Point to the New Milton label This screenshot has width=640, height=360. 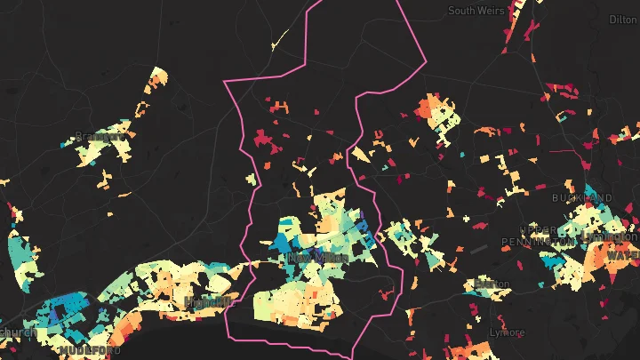coord(310,258)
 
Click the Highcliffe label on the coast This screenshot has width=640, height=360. coord(211,301)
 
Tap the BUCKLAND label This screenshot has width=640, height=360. coord(582,197)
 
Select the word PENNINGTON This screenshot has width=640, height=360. coord(539,242)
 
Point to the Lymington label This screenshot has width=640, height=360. coord(613,237)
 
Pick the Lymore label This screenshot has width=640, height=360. coord(508,332)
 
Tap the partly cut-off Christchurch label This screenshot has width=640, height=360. coord(16,332)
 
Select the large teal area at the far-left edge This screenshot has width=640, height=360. coord(20,253)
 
